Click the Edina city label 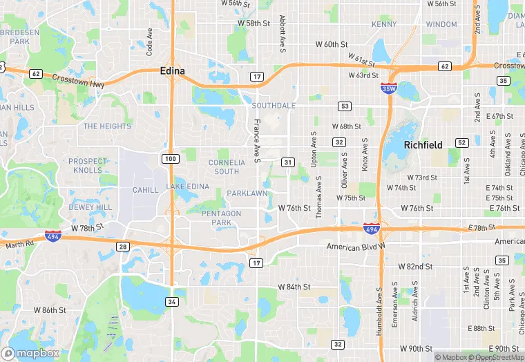(173, 70)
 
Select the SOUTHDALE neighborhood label (274, 106)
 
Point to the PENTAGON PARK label (222, 218)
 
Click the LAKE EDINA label (187, 187)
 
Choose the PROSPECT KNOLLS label (88, 166)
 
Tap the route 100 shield (171, 160)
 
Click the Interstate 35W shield (388, 88)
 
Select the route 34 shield (171, 301)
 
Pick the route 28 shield (123, 247)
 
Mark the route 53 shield (343, 106)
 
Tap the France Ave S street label (256, 141)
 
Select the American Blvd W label (359, 246)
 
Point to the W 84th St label (295, 287)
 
